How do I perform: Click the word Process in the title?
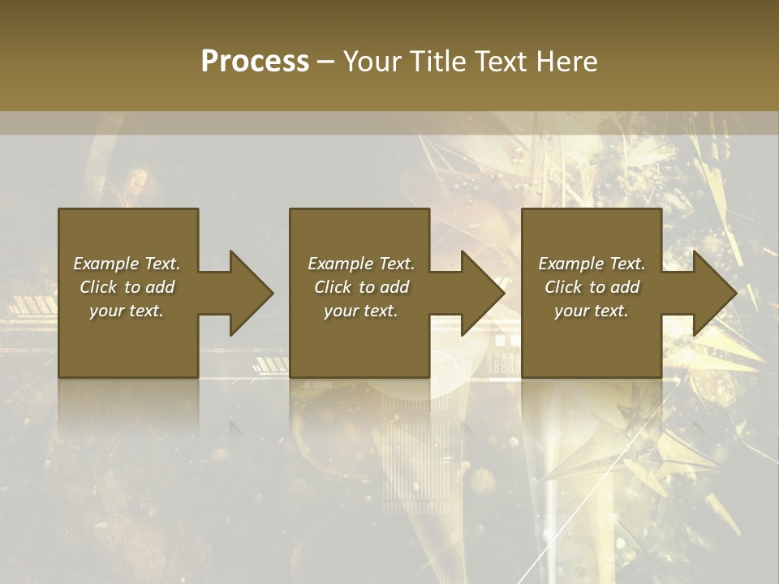[255, 62]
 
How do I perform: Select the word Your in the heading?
[372, 62]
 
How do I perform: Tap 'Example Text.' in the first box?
[127, 264]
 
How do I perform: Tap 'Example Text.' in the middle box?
[361, 264]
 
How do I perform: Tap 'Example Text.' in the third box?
[592, 264]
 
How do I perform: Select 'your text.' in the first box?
[127, 311]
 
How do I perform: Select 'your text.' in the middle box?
[361, 311]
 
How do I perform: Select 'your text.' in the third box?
[592, 311]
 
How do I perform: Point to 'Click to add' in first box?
[127, 287]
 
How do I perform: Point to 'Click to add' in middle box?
[361, 287]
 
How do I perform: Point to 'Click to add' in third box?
[592, 287]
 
